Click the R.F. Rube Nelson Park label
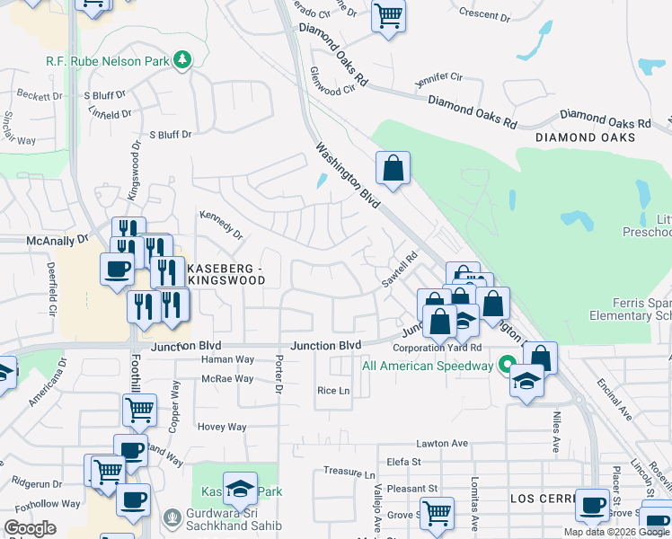109,61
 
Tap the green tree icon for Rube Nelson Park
183,59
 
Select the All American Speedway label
428,366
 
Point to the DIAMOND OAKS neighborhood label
585,137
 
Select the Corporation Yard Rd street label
446,348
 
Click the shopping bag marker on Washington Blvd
393,167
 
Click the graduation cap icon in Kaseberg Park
240,488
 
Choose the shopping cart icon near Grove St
437,513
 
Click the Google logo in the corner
29,528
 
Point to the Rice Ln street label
332,391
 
